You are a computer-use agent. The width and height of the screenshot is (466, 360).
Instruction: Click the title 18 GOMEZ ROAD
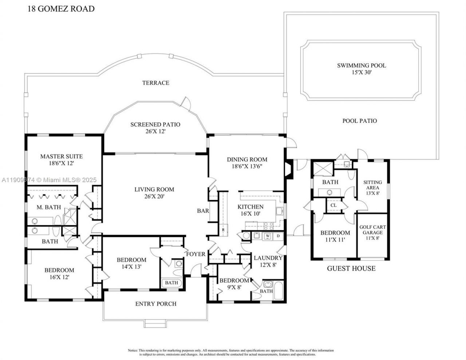pos(61,9)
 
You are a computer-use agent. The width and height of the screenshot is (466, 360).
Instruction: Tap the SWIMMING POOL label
pos(361,66)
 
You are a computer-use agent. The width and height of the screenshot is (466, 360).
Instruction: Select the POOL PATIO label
pos(360,121)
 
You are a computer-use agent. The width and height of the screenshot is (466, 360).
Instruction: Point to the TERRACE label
pos(155,83)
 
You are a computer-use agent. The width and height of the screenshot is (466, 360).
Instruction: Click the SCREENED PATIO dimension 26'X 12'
pos(155,131)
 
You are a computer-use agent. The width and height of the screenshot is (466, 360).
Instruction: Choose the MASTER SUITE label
pos(61,157)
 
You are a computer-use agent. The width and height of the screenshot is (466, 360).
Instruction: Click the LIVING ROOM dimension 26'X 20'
pos(154,197)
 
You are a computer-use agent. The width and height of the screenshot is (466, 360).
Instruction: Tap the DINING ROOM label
pos(247,159)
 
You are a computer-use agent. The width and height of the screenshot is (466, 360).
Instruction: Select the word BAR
pos(203,210)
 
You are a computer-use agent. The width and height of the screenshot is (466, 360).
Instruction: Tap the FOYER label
pos(196,254)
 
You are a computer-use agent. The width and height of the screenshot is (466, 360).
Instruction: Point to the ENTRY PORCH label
pos(156,304)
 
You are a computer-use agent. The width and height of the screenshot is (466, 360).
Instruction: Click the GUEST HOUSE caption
pos(351,269)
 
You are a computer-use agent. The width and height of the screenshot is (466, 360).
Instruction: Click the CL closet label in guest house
pos(333,205)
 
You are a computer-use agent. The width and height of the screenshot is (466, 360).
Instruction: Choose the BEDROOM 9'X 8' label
pos(234,281)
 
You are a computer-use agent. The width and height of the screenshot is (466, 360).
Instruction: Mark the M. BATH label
pos(46,207)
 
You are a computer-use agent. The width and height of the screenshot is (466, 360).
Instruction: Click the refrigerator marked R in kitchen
pos(224,230)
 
